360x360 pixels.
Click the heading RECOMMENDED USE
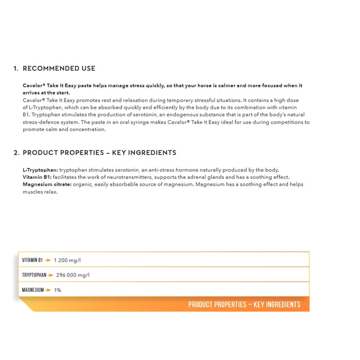(59, 69)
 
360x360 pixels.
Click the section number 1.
(16, 69)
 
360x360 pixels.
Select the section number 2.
(16, 152)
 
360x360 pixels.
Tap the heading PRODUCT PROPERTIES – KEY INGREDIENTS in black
(100, 152)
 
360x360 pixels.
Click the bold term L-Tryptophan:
(40, 170)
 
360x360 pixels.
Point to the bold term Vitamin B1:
(37, 177)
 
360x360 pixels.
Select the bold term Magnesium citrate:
(47, 184)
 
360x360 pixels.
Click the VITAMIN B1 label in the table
(32, 260)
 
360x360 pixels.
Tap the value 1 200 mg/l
(67, 260)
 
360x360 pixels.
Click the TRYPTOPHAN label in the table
(34, 275)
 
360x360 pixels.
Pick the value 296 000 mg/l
(73, 275)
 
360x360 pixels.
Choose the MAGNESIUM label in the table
(33, 290)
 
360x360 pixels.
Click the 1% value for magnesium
(57, 290)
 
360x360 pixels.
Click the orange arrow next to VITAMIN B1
(48, 260)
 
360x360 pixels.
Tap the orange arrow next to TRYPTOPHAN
(51, 275)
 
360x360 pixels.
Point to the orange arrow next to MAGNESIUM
(49, 290)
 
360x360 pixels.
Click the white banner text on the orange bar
(244, 304)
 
